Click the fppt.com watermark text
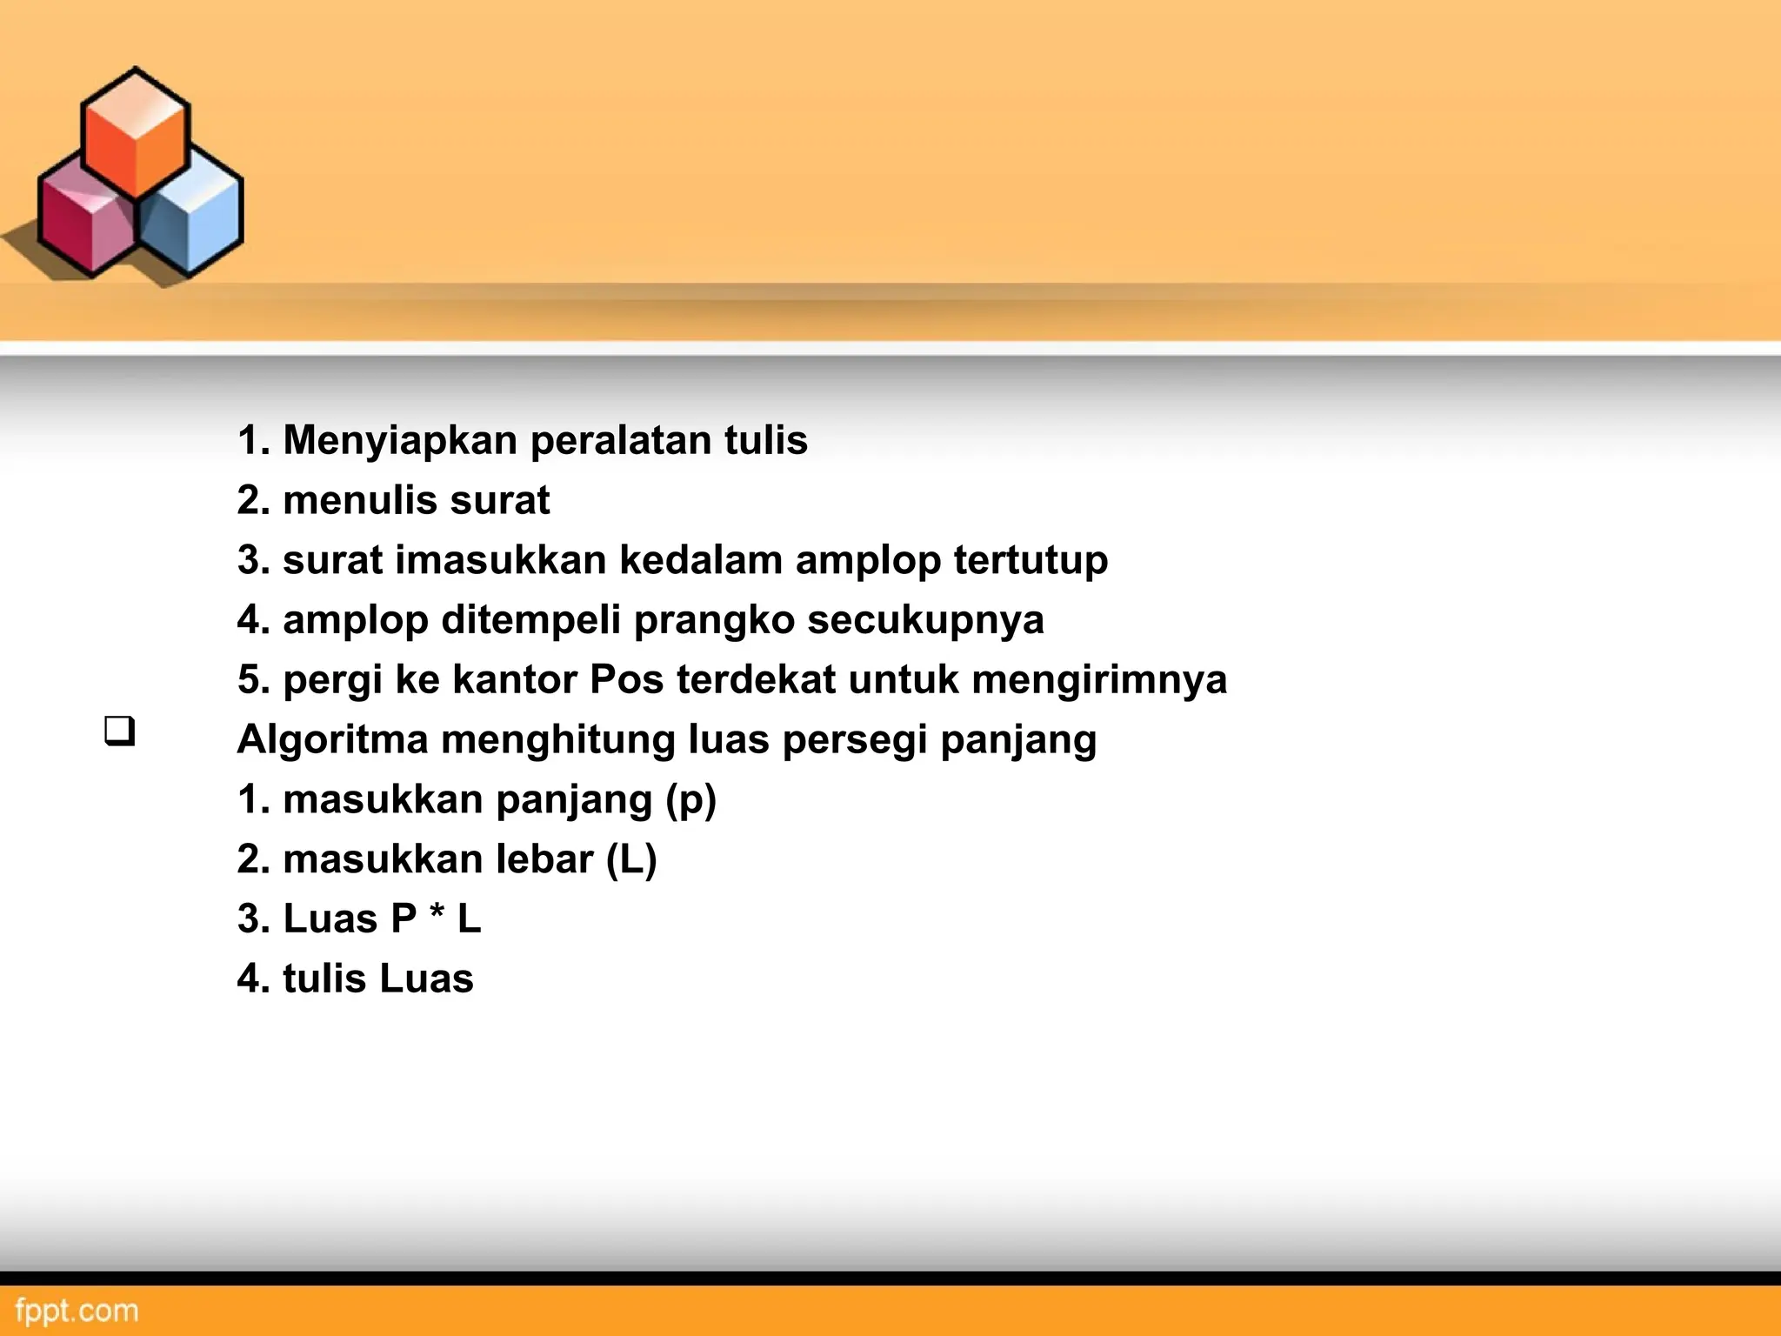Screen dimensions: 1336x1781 (x=77, y=1310)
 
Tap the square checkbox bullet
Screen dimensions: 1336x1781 (x=120, y=730)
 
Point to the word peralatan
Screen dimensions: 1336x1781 (x=621, y=440)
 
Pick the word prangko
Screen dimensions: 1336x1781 (x=714, y=620)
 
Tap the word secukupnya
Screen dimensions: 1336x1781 (x=925, y=620)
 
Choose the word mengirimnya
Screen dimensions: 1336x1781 (x=1099, y=680)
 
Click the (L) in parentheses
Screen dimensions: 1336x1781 (x=631, y=859)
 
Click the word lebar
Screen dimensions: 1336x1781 (x=544, y=859)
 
